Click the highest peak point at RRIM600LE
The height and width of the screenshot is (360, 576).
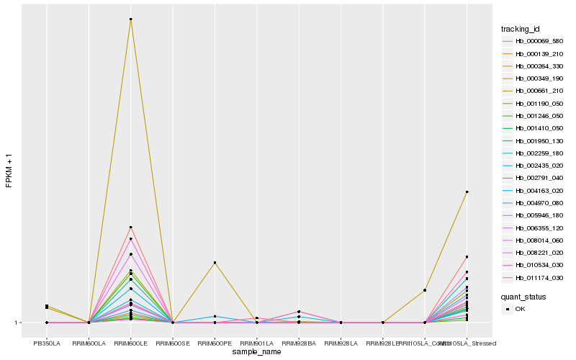pos(130,19)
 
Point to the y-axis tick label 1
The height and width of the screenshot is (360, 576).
pos(16,323)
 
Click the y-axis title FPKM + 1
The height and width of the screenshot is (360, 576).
pos(9,171)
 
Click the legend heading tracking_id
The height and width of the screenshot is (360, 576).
pos(521,29)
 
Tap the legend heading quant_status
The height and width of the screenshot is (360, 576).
pos(523,296)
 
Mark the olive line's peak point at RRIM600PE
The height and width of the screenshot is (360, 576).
pos(215,263)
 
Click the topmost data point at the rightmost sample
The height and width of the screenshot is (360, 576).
pos(467,192)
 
